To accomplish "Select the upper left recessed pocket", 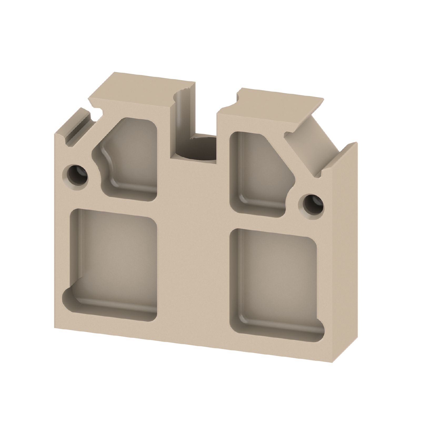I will click(132, 158).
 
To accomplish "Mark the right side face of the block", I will click(347, 263).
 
